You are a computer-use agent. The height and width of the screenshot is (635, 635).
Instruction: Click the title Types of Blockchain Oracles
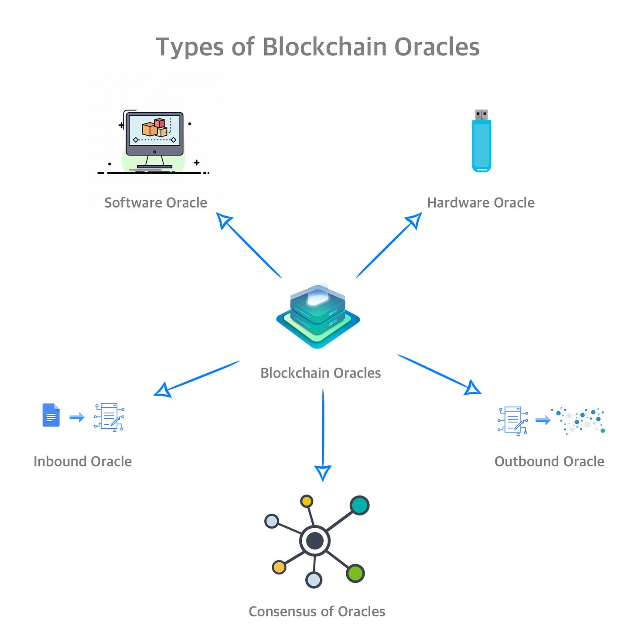(317, 47)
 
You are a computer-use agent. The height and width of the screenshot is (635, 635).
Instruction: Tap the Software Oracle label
(156, 203)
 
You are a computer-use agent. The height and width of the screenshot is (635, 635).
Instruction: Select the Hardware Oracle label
(481, 203)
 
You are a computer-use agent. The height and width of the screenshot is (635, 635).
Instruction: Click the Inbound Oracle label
(82, 461)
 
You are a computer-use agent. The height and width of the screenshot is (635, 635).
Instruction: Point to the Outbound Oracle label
(549, 461)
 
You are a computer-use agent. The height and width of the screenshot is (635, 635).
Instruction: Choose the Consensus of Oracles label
(317, 611)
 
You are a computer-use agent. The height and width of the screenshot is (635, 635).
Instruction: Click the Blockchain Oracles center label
(321, 373)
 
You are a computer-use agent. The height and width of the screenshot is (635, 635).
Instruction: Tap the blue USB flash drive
(481, 142)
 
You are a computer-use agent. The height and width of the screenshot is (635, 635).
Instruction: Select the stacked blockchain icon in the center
(318, 316)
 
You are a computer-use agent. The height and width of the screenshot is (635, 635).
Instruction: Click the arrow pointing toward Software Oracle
(249, 245)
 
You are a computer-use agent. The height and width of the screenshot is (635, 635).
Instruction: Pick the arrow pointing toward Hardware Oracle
(389, 245)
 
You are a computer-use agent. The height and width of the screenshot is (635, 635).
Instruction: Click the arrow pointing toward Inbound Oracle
(197, 378)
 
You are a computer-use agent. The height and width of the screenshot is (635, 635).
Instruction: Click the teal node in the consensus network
(359, 505)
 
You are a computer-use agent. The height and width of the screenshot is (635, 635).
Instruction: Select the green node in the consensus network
(355, 573)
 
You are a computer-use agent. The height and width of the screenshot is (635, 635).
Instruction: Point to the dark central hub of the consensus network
(315, 541)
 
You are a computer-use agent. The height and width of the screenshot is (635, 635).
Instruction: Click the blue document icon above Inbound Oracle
(51, 415)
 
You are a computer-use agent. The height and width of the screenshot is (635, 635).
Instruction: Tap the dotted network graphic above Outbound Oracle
(578, 420)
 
